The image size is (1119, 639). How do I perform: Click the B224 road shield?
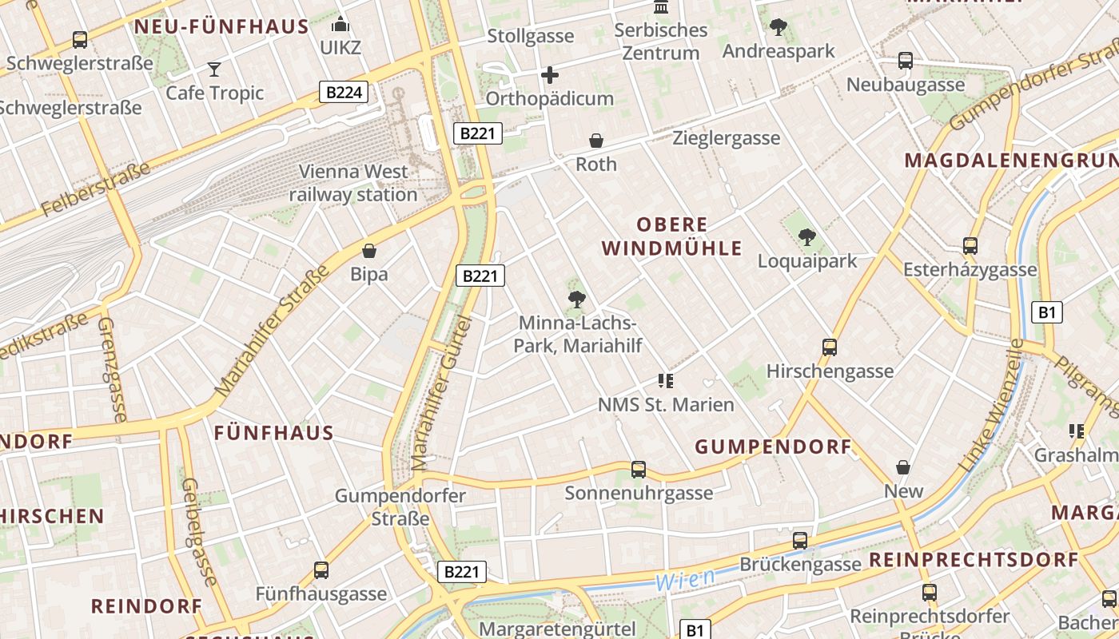tap(344, 93)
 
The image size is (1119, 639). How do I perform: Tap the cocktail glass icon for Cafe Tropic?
tap(214, 69)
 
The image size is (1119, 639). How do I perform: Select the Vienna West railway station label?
tap(353, 183)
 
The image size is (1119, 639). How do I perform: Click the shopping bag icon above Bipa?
tap(369, 251)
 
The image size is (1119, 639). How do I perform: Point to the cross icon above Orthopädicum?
tap(550, 76)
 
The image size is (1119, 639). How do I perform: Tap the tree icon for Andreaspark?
tap(778, 28)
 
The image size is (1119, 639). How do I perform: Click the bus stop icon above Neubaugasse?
tap(906, 61)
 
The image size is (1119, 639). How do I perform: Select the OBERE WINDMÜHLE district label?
tap(672, 236)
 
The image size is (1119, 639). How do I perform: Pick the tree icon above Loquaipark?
tap(807, 237)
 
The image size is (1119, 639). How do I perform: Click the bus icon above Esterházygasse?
tap(970, 246)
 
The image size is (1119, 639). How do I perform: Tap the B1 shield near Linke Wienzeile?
tap(1047, 312)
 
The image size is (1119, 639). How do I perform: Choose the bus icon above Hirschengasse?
tap(830, 347)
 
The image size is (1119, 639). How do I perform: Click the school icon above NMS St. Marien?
tap(666, 381)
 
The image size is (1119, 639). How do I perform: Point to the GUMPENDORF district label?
tap(774, 447)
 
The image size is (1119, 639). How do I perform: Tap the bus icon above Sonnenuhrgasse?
tap(639, 470)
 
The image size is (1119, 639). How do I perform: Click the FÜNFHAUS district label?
tap(273, 434)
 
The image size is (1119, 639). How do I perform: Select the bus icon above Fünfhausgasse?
tap(321, 570)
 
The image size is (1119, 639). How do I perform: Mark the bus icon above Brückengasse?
tap(800, 541)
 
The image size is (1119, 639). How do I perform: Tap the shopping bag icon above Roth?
tap(596, 141)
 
